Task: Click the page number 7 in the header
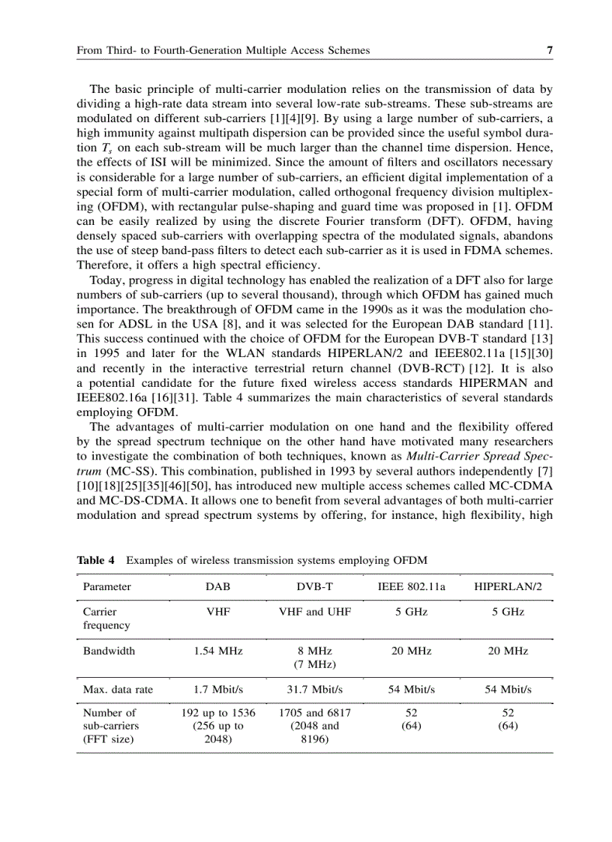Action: (549, 51)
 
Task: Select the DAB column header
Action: (217, 586)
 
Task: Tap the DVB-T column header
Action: (314, 586)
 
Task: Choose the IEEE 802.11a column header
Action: (411, 586)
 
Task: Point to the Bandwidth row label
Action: (109, 651)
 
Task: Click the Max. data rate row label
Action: (118, 690)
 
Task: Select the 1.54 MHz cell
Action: (217, 651)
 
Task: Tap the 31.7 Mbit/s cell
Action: (314, 690)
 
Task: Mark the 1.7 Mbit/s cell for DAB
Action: (217, 690)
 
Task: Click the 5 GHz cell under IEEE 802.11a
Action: (411, 612)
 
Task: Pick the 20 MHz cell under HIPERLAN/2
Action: (508, 651)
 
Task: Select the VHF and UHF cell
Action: (314, 612)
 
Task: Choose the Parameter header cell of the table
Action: (106, 586)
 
